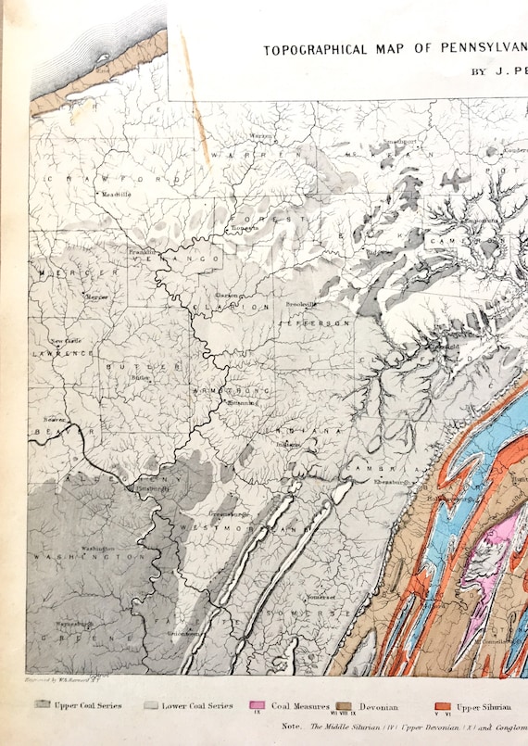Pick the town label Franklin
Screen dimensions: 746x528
142,253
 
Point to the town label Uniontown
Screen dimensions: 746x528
184,633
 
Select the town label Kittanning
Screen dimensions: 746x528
243,403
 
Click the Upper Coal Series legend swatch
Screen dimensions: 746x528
41,705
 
